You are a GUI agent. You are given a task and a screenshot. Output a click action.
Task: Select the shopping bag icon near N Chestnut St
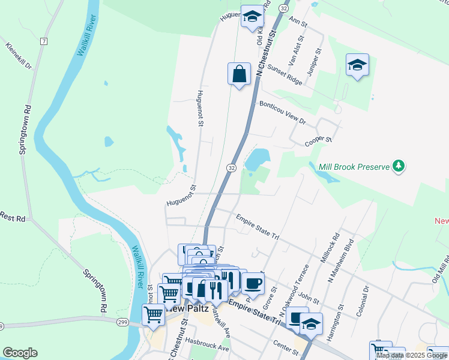click(239, 75)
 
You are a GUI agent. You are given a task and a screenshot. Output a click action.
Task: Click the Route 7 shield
click(43, 41)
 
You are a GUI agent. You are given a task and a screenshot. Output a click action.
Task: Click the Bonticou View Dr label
click(283, 112)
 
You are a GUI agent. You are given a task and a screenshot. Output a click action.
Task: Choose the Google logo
click(20, 352)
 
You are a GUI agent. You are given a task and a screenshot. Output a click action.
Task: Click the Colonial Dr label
click(366, 298)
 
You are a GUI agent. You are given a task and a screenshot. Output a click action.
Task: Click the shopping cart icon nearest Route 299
click(154, 314)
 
